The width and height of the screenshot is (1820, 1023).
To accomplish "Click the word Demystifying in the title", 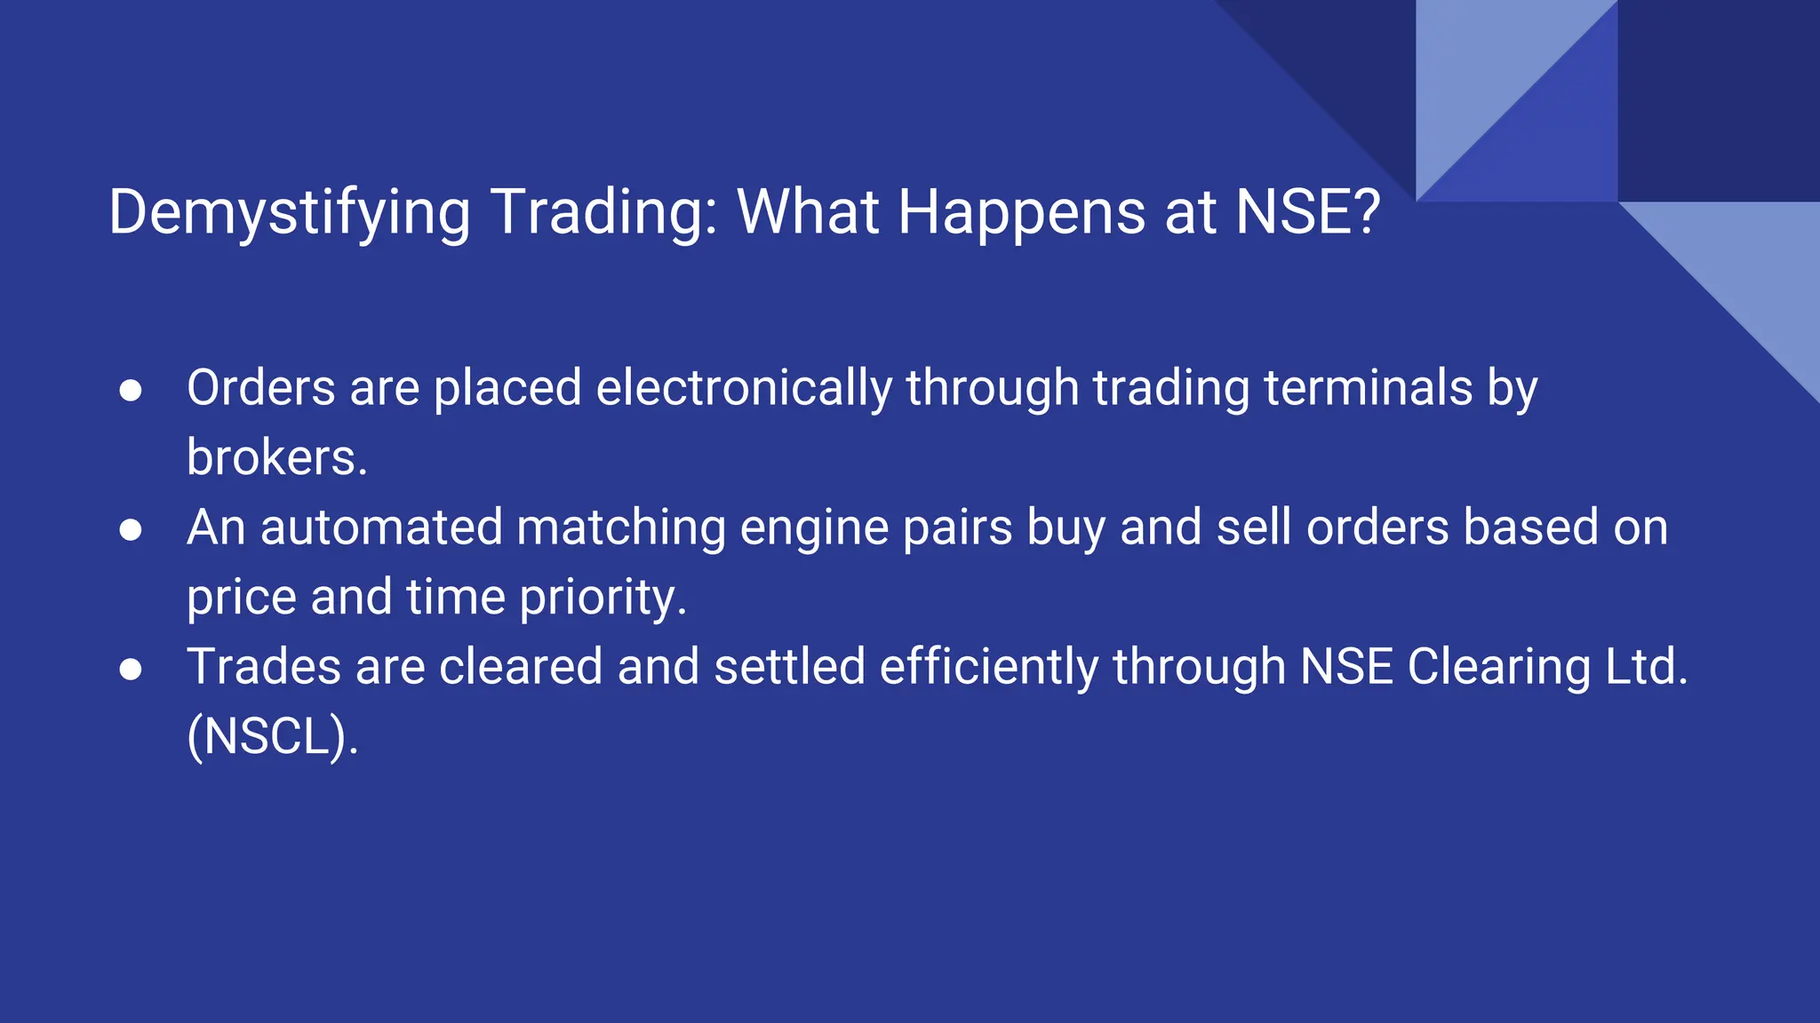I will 289,213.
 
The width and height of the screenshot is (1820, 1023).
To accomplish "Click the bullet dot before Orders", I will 131,391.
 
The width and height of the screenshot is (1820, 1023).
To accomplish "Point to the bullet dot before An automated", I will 131,530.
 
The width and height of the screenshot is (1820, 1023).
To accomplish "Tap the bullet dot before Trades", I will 131,670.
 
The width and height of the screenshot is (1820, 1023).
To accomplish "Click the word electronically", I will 744,389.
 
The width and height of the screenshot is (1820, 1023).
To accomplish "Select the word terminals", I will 1368,389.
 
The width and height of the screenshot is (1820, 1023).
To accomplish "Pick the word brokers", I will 276,458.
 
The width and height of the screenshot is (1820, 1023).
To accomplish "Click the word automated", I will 381,527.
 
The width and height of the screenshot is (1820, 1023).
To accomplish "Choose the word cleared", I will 521,667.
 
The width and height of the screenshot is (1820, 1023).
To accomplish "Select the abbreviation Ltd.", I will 1646,667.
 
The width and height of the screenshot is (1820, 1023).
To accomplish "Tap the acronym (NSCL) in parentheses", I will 271,736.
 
